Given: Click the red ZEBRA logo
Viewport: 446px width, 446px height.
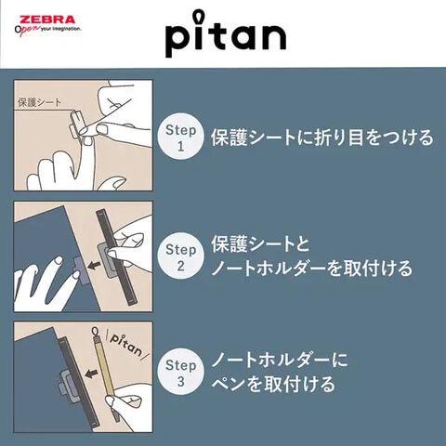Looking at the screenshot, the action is click(x=47, y=20).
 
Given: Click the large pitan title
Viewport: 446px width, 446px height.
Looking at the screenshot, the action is click(x=226, y=34).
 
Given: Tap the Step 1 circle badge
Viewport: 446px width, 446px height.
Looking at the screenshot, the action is click(x=181, y=137).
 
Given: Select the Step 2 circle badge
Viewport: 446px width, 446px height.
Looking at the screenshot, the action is click(x=181, y=256).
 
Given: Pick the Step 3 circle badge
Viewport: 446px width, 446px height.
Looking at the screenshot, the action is click(x=181, y=372).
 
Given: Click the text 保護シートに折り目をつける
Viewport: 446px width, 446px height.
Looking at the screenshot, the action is click(x=322, y=138).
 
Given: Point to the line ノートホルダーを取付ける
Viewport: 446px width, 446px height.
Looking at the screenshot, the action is click(x=312, y=269).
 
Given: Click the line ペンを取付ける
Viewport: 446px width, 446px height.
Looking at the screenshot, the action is click(x=273, y=384).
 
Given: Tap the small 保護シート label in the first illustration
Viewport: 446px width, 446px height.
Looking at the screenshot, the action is click(x=39, y=102).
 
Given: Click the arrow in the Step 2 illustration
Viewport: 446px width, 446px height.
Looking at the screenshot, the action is click(x=94, y=265).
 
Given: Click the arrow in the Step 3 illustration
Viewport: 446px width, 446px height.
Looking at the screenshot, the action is click(x=91, y=374).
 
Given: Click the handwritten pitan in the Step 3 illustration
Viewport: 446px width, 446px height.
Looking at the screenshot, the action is click(x=126, y=344).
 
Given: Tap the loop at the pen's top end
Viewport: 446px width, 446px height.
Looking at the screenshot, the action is click(x=95, y=331).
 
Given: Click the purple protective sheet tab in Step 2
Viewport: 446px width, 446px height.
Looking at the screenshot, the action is click(x=78, y=266).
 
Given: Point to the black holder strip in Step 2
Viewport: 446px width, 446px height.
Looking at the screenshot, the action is click(x=117, y=257).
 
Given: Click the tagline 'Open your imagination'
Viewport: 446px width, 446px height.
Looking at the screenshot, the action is click(x=48, y=30).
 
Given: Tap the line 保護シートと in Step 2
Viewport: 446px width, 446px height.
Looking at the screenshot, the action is click(x=260, y=244).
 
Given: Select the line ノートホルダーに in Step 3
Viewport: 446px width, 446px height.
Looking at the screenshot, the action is click(x=280, y=361).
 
